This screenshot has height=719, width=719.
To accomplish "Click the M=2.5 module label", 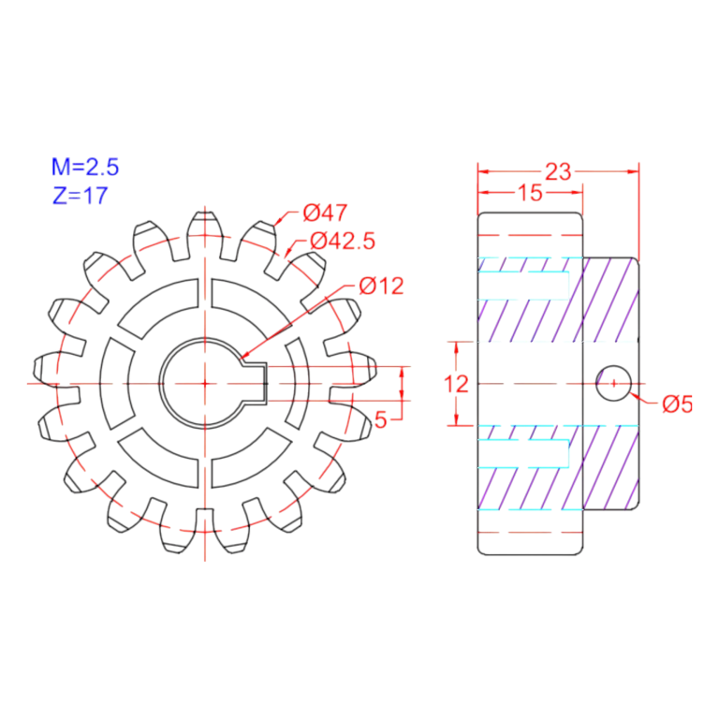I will (85, 168).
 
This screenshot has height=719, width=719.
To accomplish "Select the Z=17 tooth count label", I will (80, 196).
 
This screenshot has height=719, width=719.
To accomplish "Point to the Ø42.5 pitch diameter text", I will (342, 241).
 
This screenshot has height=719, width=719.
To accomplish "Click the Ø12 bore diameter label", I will (381, 286).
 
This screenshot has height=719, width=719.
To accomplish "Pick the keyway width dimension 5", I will (381, 420).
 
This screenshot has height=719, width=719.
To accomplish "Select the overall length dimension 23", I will (558, 171).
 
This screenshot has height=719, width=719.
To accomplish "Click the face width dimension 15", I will (530, 194).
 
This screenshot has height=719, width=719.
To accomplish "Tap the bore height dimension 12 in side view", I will (456, 384).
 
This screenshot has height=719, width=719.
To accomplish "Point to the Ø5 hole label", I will (676, 404).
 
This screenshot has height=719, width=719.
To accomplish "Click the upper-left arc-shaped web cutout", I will (159, 308).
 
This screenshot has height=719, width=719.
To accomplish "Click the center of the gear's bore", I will (204, 383).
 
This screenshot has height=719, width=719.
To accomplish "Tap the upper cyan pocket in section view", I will (523, 281).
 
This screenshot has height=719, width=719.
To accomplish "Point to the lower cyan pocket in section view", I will (523, 453).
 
